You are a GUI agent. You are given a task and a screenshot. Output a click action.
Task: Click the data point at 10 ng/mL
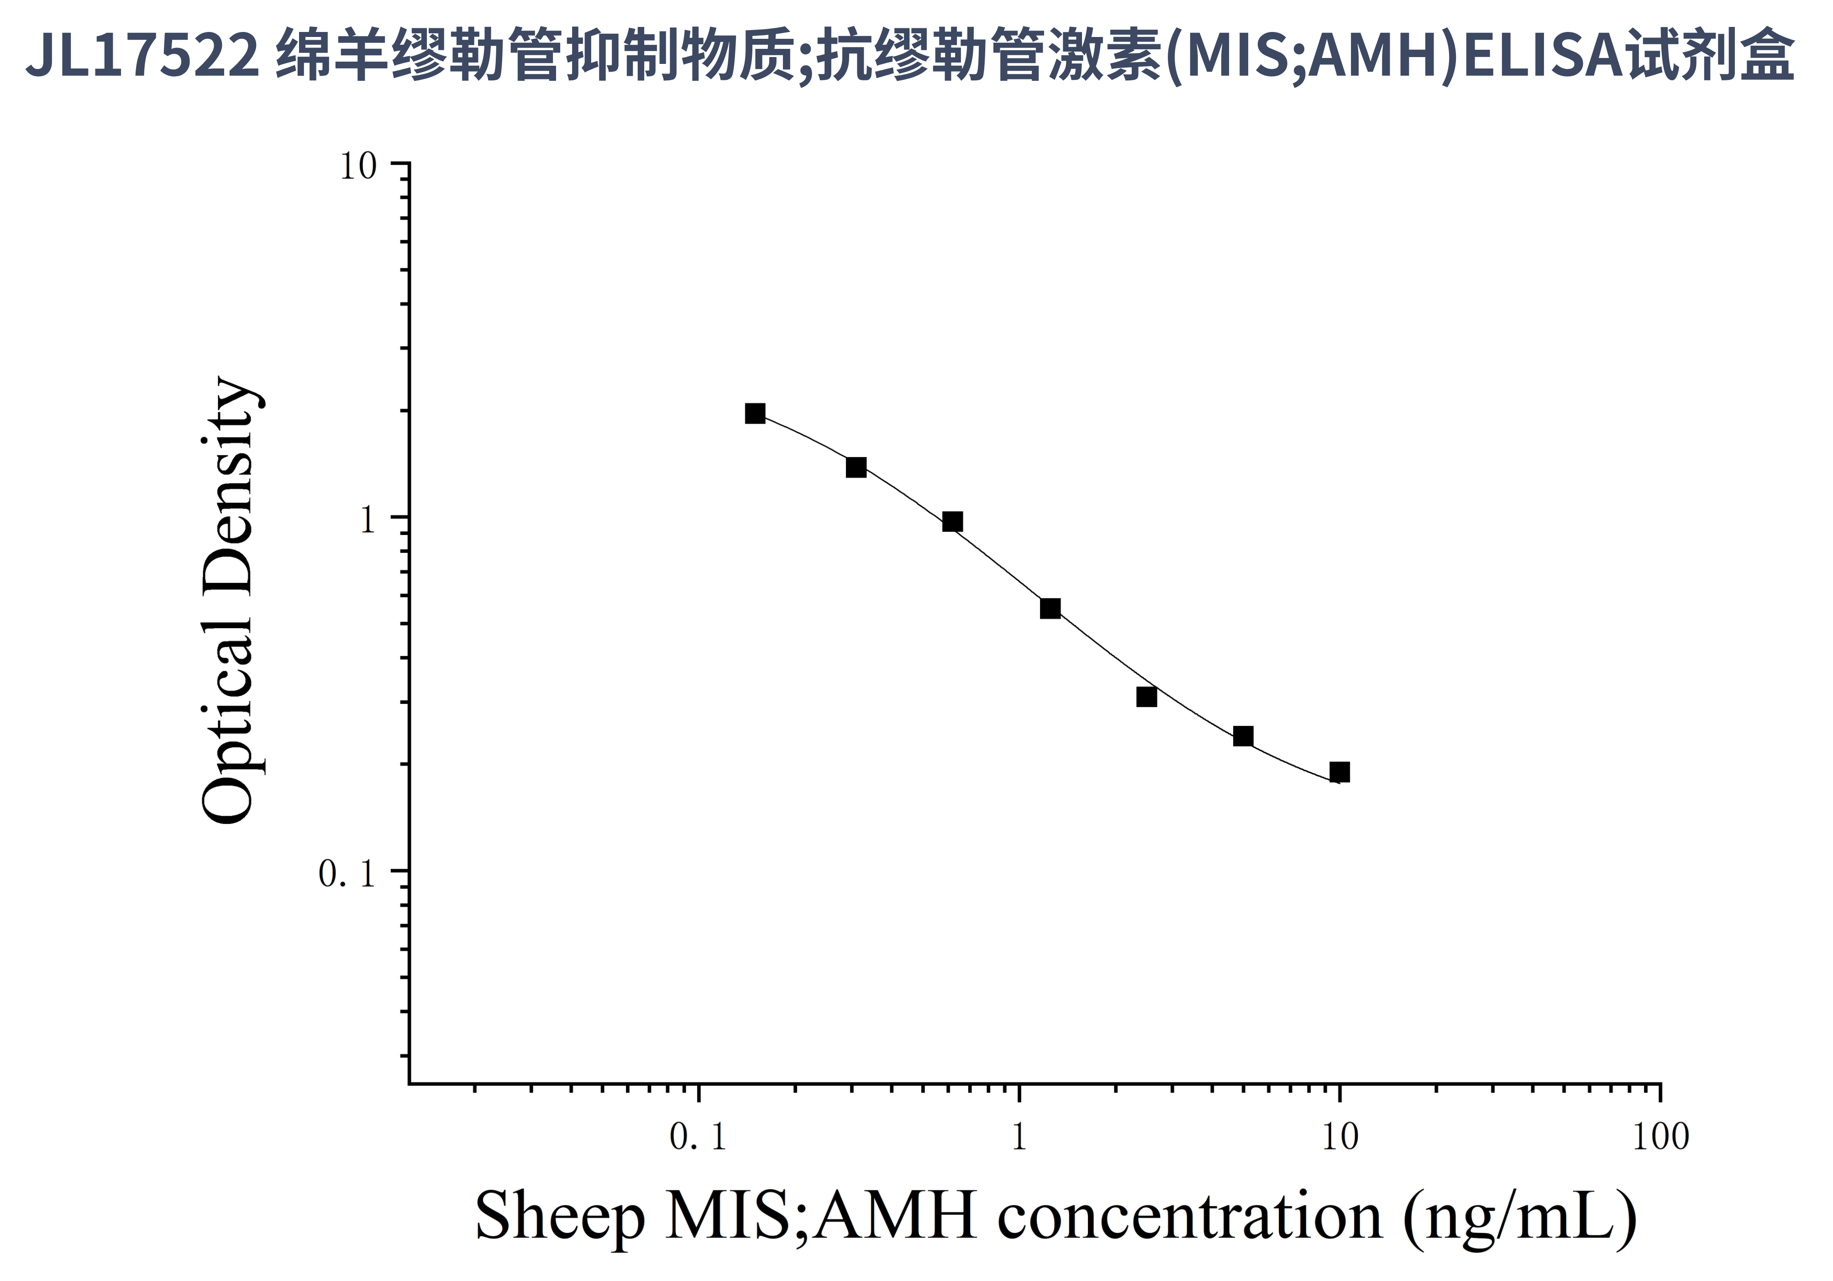tap(1339, 772)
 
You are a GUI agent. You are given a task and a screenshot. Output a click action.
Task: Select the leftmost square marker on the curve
tap(755, 414)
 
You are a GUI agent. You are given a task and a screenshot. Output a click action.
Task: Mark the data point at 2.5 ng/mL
tap(1146, 697)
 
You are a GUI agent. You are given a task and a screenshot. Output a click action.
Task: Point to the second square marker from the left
tap(856, 467)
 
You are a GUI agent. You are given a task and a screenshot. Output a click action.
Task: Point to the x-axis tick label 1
tap(1019, 1137)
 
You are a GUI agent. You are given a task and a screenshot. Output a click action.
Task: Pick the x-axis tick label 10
tap(1339, 1137)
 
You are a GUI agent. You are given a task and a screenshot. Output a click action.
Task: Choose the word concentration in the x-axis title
tap(1190, 1216)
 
